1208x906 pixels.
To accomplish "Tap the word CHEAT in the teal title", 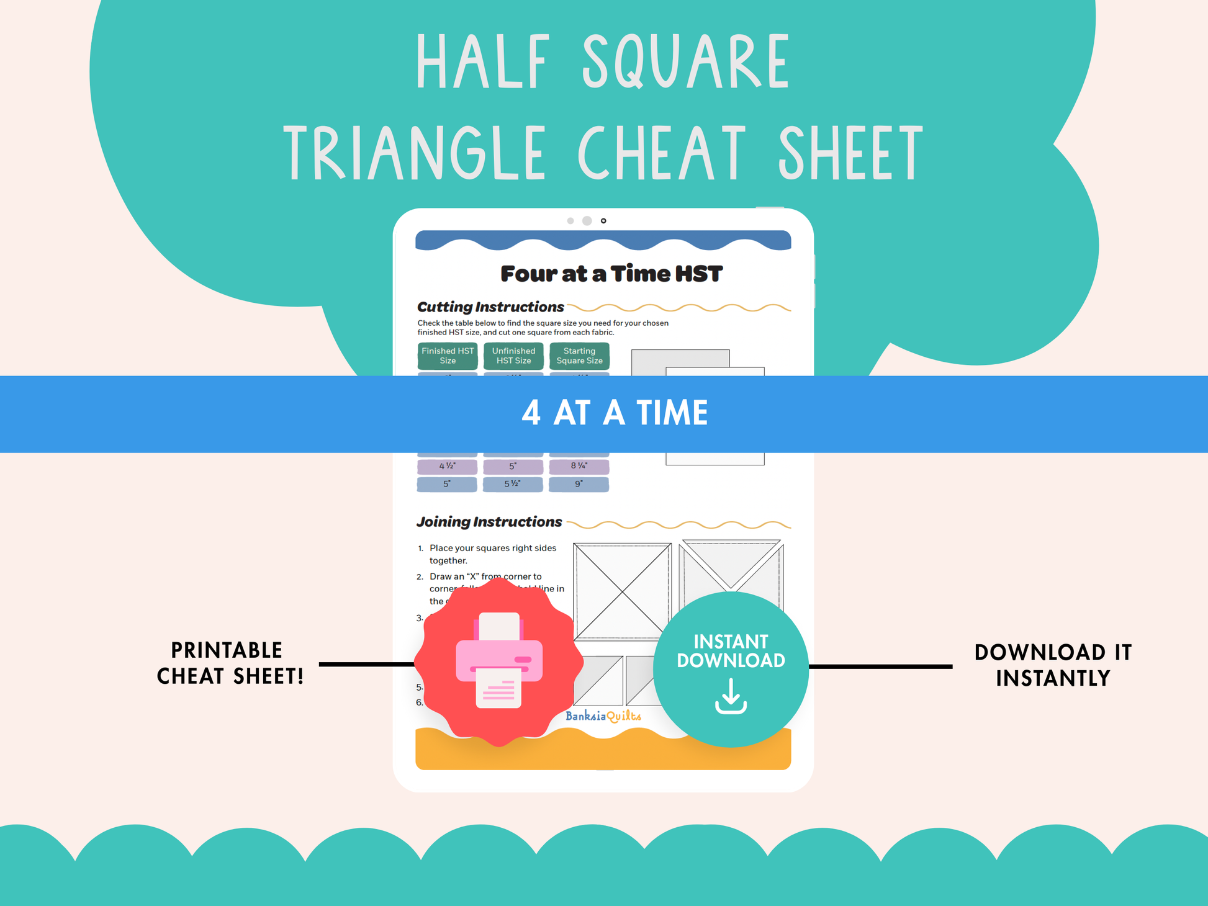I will (662, 152).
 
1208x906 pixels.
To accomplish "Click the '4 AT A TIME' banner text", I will (615, 413).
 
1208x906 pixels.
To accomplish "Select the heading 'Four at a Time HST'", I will (611, 274).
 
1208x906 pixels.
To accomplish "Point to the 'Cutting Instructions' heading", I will (490, 307).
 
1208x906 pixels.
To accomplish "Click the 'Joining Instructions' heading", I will (489, 522).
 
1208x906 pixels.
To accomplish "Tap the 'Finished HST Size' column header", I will (448, 356).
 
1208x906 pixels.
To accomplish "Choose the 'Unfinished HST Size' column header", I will (513, 356).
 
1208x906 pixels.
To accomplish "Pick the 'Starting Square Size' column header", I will (579, 356).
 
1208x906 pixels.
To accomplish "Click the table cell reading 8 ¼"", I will (579, 466).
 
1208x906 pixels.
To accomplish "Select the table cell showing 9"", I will (579, 484).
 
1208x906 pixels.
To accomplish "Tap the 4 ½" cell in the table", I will (447, 466).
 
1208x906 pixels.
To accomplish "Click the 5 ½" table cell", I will (513, 484).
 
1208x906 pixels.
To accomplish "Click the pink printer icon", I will (499, 661).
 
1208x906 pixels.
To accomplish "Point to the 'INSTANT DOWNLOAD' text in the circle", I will (731, 651).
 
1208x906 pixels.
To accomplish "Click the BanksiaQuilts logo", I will (603, 716).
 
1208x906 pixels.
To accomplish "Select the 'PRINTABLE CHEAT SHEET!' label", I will (230, 663).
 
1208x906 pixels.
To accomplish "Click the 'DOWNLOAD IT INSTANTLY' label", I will (1053, 665).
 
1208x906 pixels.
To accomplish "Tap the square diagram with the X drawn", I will (622, 591).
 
